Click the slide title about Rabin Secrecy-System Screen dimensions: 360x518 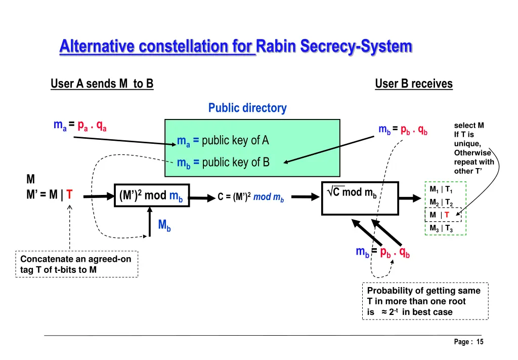236,47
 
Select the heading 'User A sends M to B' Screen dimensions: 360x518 102,84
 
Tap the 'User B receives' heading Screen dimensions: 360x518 413,84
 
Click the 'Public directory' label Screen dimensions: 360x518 247,108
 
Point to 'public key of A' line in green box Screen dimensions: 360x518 223,140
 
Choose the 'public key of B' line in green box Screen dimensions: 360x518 223,162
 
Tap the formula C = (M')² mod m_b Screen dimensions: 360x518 251,197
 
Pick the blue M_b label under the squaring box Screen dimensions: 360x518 164,225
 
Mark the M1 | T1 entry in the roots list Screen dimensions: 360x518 441,190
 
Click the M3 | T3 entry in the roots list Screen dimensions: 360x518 441,228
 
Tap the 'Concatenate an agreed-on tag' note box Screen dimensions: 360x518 76,264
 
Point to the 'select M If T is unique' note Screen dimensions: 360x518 473,147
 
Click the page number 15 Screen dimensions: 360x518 479,342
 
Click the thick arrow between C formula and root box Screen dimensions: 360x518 304,197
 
